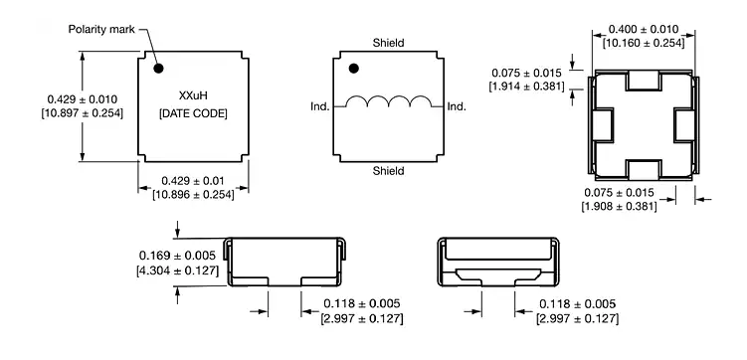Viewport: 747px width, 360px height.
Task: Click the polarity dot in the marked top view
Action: [x=158, y=69]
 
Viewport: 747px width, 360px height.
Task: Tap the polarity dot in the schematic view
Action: [x=353, y=69]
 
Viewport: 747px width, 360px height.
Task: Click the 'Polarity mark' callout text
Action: [x=101, y=30]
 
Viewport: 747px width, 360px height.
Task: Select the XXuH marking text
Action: [x=193, y=95]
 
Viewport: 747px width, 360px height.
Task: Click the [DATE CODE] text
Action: [x=193, y=113]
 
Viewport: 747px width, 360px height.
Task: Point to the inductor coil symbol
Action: [x=388, y=101]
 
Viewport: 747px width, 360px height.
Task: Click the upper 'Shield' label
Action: [x=388, y=43]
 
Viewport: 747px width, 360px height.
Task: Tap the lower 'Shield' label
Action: [x=388, y=170]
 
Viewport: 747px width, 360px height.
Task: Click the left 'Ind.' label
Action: [x=320, y=106]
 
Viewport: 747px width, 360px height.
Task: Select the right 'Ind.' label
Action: [x=457, y=106]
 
